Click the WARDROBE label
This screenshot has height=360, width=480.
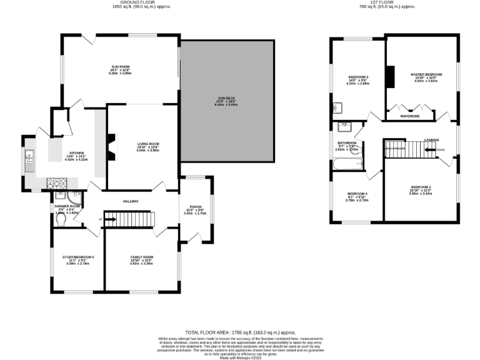tap(409, 116)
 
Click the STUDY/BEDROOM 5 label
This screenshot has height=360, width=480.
tap(78, 257)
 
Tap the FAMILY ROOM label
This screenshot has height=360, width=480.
tap(142, 257)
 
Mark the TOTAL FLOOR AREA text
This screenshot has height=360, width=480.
tap(240, 332)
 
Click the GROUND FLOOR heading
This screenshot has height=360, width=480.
tap(141, 2)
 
